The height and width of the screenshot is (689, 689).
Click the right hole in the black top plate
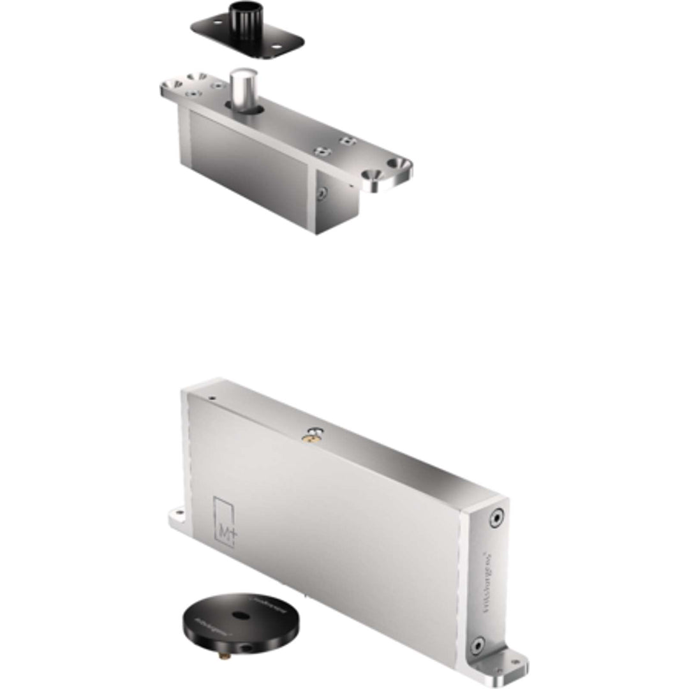click(278, 47)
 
